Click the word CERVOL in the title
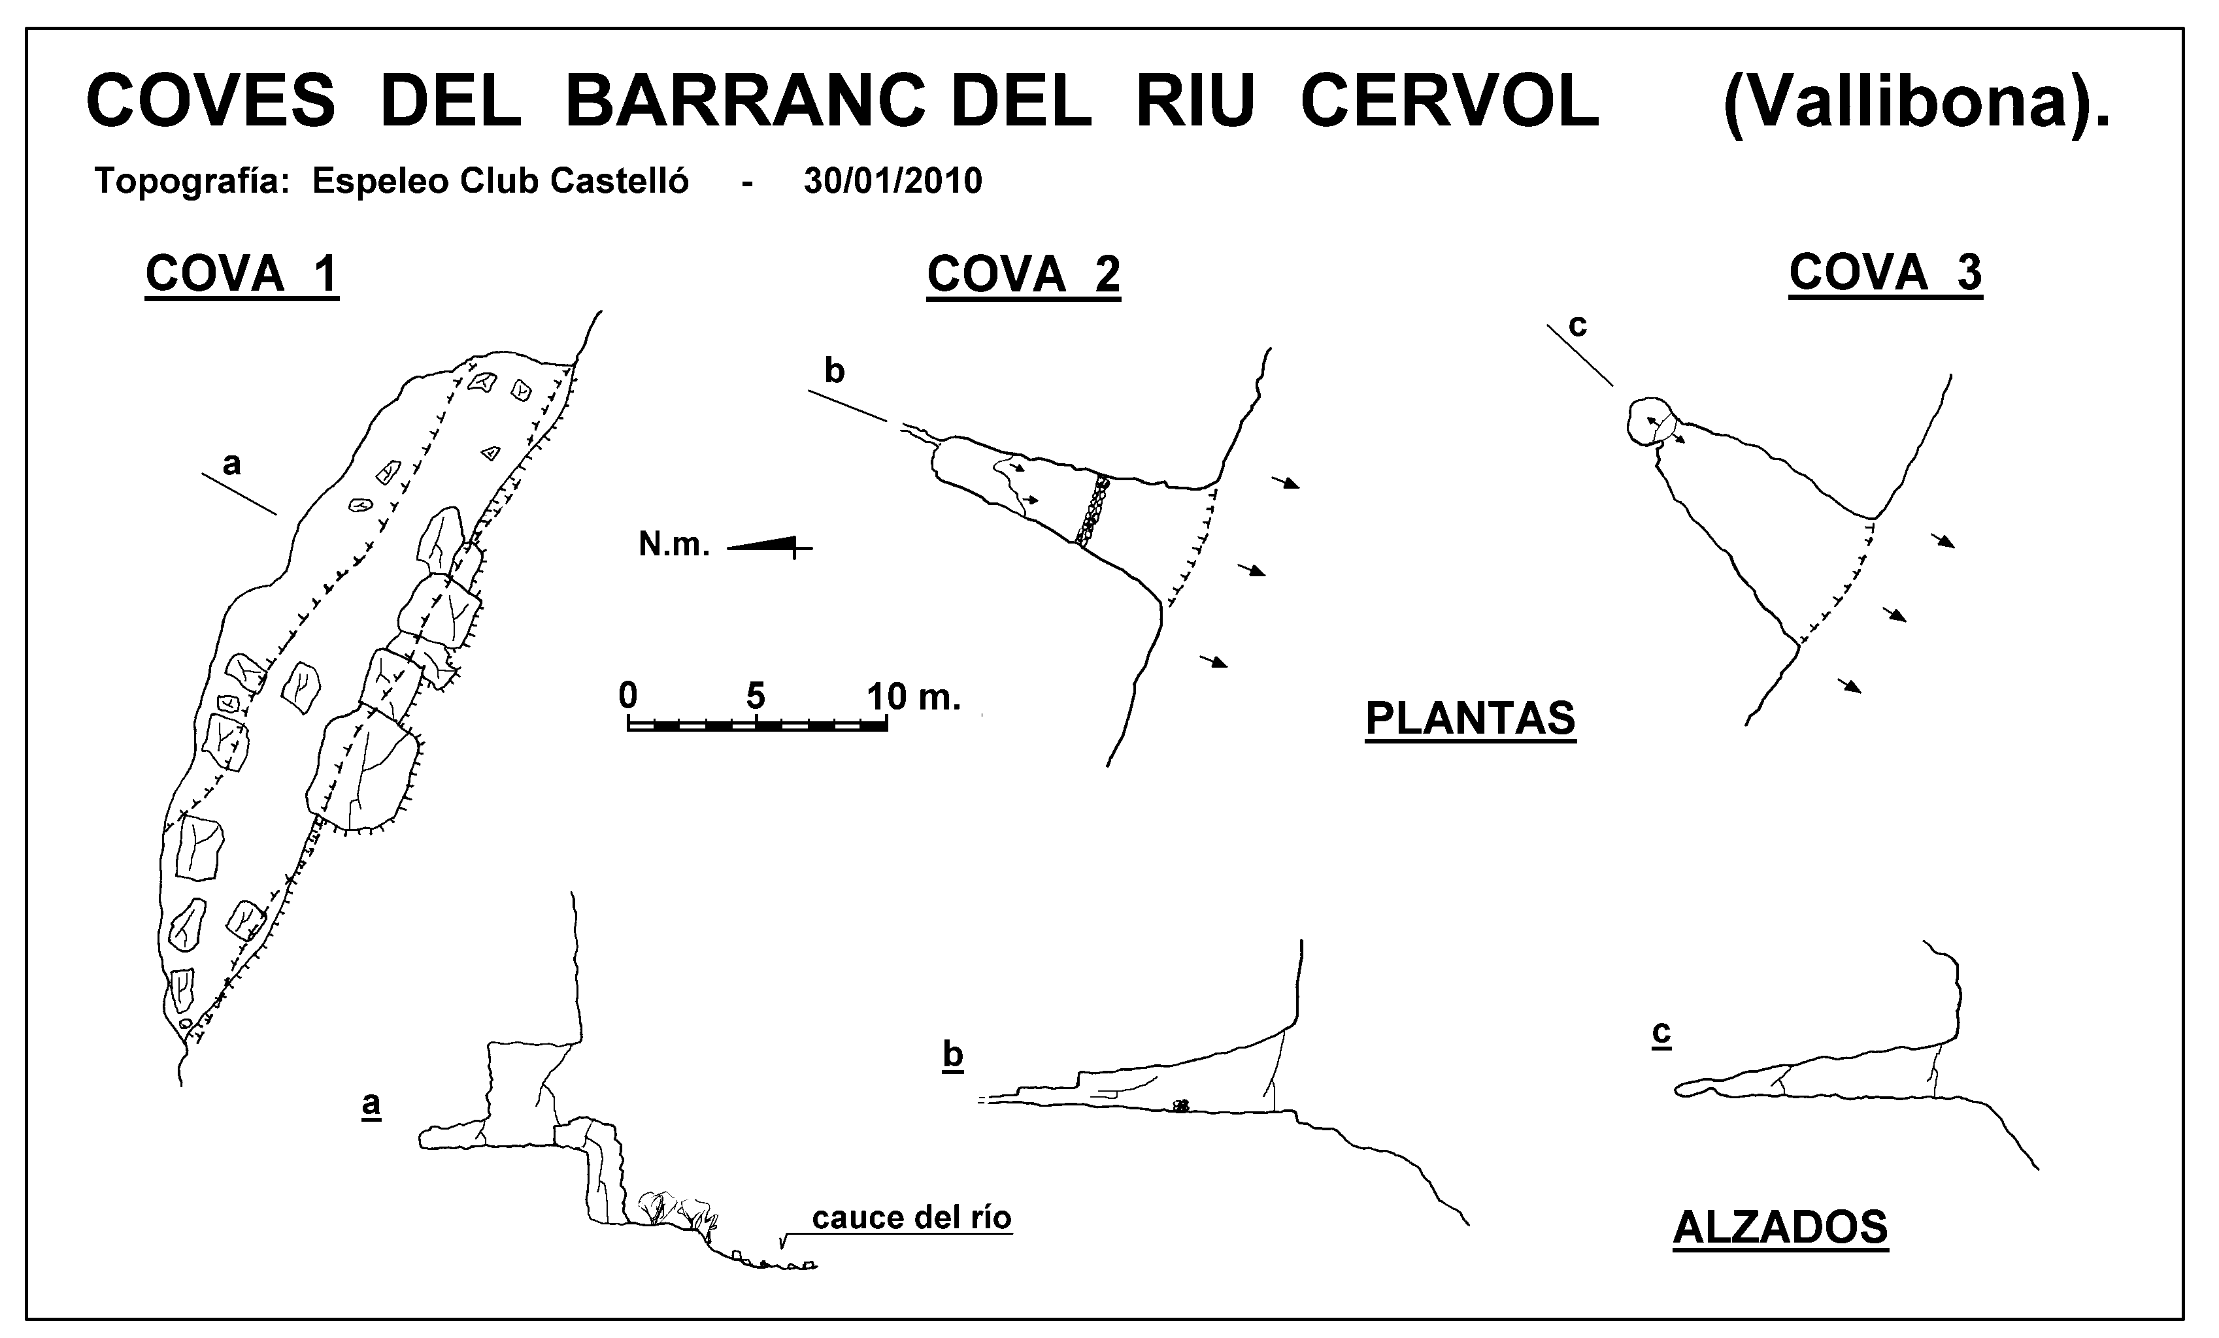[x=1450, y=101]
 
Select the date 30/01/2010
[x=892, y=181]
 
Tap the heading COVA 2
[x=1024, y=274]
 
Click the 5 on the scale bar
[x=755, y=696]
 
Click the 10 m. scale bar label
[x=913, y=696]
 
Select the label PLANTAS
[x=1471, y=719]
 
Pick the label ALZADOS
[x=1780, y=1227]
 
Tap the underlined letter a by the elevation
[x=371, y=1104]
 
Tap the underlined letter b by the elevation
[x=953, y=1054]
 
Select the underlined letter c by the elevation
[x=1661, y=1033]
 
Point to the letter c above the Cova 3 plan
[x=1577, y=326]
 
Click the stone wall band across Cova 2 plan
[x=1092, y=510]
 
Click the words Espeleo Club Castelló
[x=500, y=181]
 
